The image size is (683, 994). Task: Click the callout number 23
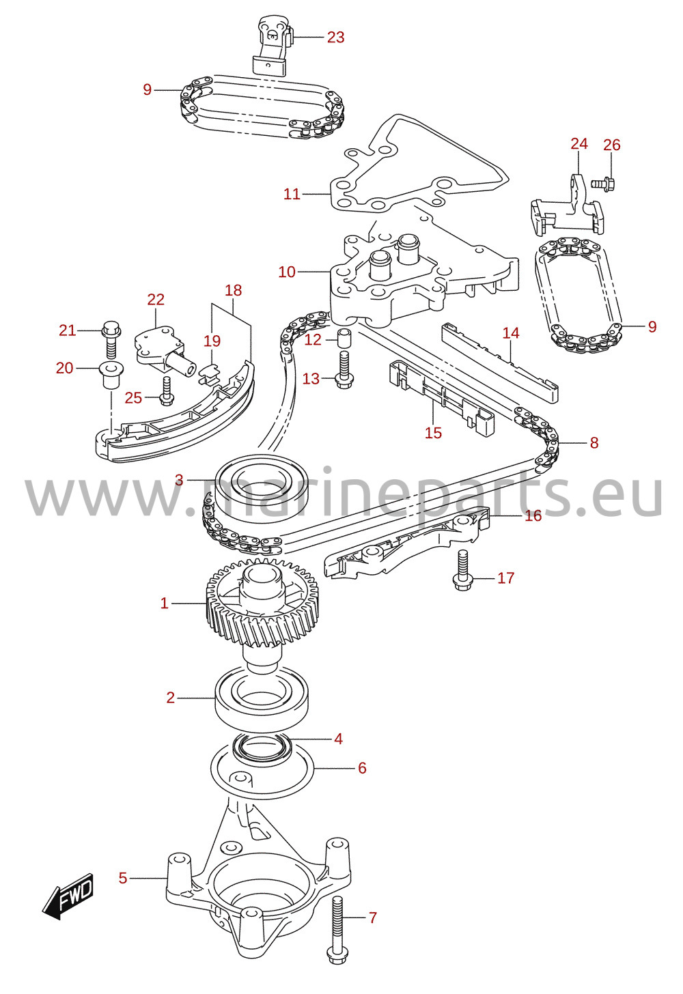(x=336, y=38)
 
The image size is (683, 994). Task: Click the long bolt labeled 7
(x=338, y=920)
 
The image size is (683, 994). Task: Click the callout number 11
(x=292, y=194)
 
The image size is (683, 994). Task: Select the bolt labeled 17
(x=463, y=571)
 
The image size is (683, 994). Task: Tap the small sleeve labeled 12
(x=344, y=339)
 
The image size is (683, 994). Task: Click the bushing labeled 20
(x=111, y=375)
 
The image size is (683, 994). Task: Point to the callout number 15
(x=434, y=433)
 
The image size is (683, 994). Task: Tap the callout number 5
(x=123, y=878)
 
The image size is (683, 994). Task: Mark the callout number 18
(x=233, y=290)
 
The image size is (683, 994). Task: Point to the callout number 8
(x=594, y=443)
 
